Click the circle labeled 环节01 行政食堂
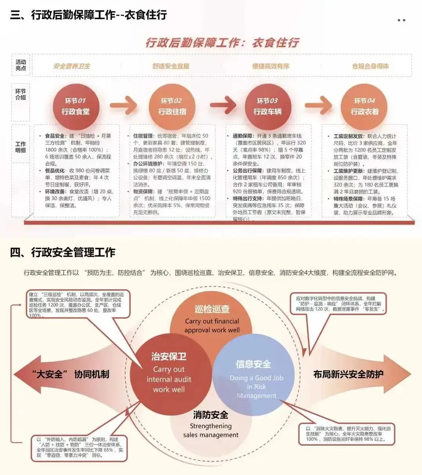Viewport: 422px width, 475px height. (x=76, y=106)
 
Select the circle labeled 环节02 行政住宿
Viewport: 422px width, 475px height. (x=172, y=106)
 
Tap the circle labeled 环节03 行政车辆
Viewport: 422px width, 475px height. (x=268, y=106)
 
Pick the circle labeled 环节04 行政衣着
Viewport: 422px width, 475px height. (x=364, y=106)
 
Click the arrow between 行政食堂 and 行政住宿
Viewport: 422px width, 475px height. (x=123, y=105)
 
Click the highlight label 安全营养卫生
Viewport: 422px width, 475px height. (x=72, y=66)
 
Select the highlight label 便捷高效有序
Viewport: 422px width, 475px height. (x=271, y=66)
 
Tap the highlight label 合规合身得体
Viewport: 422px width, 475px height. (x=370, y=66)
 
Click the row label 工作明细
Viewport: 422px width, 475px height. (x=21, y=147)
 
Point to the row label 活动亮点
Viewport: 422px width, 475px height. (x=21, y=65)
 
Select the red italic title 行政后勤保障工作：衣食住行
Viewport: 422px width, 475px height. (x=222, y=42)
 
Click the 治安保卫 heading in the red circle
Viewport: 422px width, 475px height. (x=169, y=356)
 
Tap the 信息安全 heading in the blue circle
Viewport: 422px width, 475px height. (x=253, y=364)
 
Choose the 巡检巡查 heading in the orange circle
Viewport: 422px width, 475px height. (x=212, y=309)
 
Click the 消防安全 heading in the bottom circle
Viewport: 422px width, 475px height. (x=211, y=415)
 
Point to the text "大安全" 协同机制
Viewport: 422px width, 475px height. (x=70, y=374)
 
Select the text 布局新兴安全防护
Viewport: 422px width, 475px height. (x=348, y=374)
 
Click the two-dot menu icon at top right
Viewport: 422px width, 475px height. (x=401, y=20)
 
